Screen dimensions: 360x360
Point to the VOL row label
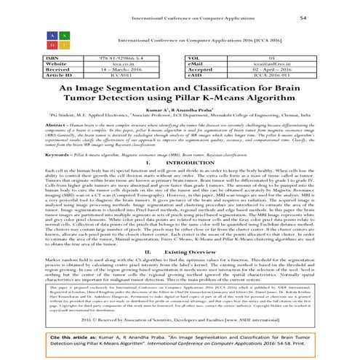coord(196,56)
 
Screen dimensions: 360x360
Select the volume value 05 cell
coord(292,56)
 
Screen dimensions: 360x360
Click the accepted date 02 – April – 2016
coord(292,68)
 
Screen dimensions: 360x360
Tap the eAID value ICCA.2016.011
coord(292,73)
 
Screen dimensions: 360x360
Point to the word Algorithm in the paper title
coord(273,97)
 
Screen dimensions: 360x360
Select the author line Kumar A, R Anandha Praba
coord(180,108)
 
